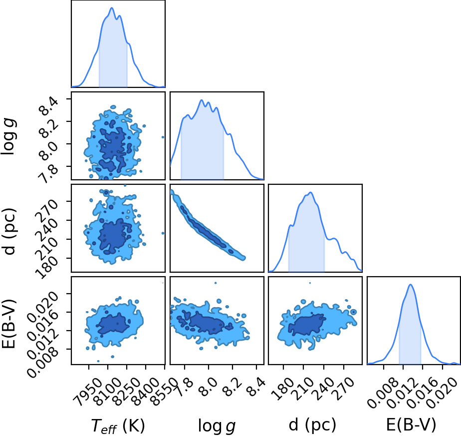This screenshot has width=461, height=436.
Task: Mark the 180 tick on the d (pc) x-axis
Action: click(x=283, y=389)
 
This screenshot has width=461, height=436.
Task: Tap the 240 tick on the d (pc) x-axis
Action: click(x=324, y=389)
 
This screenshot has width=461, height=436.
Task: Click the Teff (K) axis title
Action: click(x=118, y=426)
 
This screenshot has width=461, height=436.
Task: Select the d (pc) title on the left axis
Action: click(x=9, y=231)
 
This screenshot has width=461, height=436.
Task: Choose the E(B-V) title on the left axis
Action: click(x=9, y=324)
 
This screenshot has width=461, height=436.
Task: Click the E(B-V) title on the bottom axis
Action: click(x=411, y=425)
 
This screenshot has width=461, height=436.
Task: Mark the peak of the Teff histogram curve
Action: click(x=111, y=7)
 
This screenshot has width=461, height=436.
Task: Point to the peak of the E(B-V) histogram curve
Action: click(x=411, y=284)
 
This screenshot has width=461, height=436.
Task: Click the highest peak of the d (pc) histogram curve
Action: click(x=310, y=192)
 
